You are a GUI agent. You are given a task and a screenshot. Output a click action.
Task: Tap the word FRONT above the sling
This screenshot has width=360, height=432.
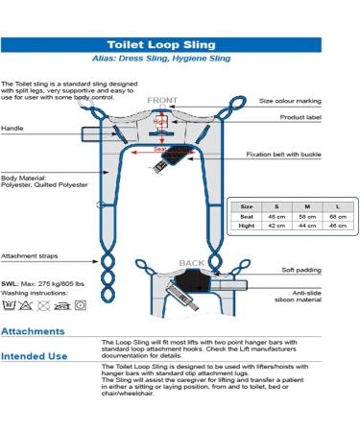[x=160, y=99]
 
